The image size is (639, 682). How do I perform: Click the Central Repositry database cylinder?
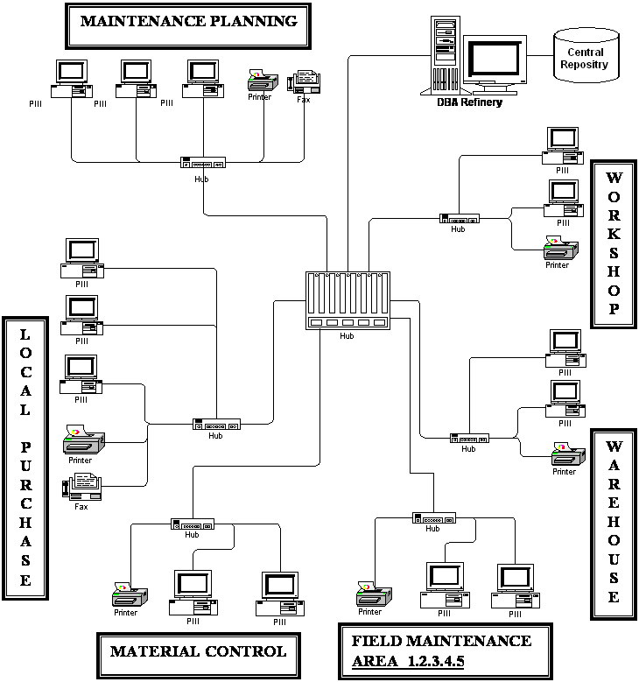coord(586,55)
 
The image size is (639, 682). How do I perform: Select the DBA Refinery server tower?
coord(446,55)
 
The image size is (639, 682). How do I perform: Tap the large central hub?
coord(348,300)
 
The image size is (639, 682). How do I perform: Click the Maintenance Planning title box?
coord(188,25)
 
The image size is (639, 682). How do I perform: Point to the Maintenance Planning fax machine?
coord(304,81)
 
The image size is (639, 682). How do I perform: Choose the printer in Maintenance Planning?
coord(263,80)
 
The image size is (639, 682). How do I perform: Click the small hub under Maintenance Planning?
coord(203,163)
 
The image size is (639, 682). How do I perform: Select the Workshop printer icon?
coord(561,249)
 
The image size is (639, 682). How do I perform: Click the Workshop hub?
coord(460,219)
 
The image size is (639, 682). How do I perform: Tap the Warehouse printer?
coord(568,454)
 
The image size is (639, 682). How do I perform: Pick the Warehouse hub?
coord(469,439)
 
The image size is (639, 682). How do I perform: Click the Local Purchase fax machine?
coord(82,487)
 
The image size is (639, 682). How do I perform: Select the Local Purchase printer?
coord(84,439)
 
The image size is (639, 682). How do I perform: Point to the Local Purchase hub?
coord(216,425)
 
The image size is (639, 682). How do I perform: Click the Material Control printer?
coord(130,595)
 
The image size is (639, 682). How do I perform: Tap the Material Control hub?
coord(193,524)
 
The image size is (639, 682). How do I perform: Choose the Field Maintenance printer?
coord(374,594)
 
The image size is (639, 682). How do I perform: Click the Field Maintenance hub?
coord(434,518)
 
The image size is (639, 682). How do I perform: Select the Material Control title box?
coord(199,655)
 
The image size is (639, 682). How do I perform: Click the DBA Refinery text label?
coord(469,102)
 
